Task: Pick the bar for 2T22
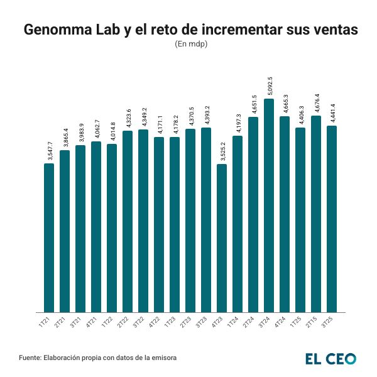[x=128, y=221]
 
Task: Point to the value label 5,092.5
[x=269, y=85]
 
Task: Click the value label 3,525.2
[x=222, y=151]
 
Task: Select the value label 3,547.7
[x=49, y=150]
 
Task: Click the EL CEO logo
[x=331, y=358]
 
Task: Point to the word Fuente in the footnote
[x=30, y=358]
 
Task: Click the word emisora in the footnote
[x=162, y=358]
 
